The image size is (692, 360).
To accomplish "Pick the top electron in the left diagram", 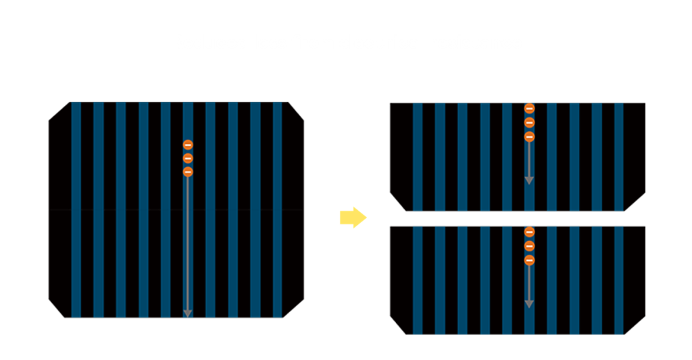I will [x=188, y=145].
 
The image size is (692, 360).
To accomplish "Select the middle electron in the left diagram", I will [x=188, y=158].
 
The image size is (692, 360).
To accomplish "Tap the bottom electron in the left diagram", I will [x=188, y=172].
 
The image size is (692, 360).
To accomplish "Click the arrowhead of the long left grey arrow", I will [x=188, y=313].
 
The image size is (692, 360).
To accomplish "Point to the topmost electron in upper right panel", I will [x=529, y=108].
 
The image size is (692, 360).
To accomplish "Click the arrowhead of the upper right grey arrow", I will [x=529, y=180].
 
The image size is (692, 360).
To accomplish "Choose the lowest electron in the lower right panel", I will [x=529, y=260].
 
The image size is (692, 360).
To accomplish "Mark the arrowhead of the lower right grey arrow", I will [x=529, y=304].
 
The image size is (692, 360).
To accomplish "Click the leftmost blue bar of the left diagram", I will [x=76, y=209].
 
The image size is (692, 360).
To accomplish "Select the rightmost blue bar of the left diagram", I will [x=277, y=209].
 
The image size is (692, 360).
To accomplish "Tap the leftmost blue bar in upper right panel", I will [x=417, y=157].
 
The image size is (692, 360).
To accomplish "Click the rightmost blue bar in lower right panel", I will [x=618, y=280].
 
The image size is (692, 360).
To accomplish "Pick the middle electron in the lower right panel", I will [x=529, y=246].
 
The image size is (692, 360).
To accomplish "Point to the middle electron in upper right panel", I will [x=529, y=122].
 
